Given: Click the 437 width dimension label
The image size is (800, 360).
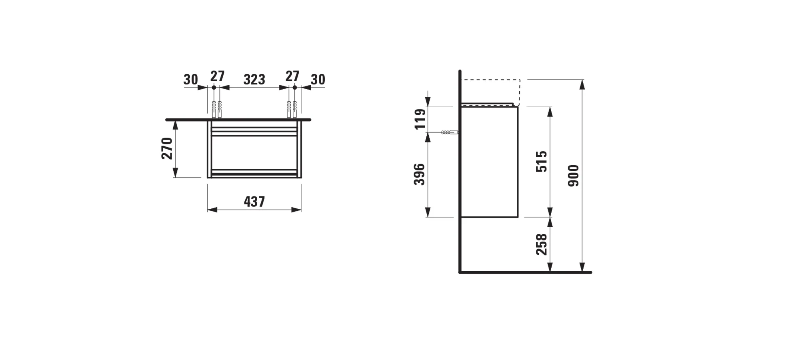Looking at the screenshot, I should point(254,202).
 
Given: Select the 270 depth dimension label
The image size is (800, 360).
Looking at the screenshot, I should point(167,148).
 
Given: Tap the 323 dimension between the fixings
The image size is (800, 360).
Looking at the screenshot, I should point(254,80).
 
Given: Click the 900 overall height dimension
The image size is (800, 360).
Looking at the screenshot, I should point(574,176).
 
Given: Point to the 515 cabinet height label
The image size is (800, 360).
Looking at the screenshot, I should point(542,161).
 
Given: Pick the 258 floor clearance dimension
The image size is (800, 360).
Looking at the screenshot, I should point(542,244).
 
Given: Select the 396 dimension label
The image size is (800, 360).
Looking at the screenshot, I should point(420,174).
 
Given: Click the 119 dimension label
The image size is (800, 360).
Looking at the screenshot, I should point(420,119).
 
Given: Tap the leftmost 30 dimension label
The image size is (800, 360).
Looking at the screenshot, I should point(191,80).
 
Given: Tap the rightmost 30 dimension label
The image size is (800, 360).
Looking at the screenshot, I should point(318,80).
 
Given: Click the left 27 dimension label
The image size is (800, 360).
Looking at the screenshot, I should point(218,76).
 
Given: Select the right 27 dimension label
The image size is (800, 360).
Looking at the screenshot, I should point(292,76).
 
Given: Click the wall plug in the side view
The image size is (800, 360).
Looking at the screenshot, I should point(450,132).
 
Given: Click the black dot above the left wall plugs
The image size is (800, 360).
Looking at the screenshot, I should point(214,87).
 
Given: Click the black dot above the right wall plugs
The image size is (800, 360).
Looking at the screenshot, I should point(295,87).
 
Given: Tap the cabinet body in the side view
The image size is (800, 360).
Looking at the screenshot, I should point(490,162).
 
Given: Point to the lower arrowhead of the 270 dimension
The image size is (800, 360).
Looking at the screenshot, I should point(175,173).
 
